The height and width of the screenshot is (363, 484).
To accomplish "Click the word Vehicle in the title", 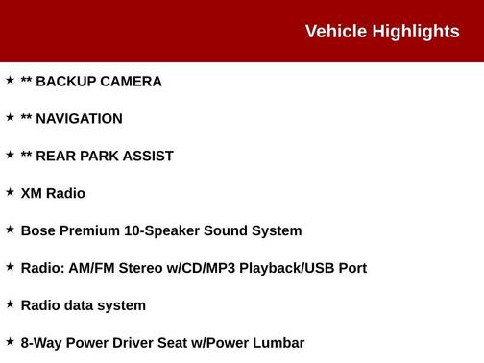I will coord(336,32).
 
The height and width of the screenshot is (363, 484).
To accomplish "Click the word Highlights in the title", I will coord(416,32).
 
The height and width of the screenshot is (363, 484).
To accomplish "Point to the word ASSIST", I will coord(148,157).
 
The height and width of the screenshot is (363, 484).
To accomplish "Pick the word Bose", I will coord(38,231).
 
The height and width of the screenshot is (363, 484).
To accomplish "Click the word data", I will coord(80,305).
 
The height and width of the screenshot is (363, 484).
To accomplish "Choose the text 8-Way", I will coord(42,343).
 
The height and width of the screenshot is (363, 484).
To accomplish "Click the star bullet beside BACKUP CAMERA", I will coord(10,81).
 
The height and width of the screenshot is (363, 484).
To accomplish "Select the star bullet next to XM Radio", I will coord(10,192).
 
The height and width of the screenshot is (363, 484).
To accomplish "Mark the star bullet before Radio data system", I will coord(10,303).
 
